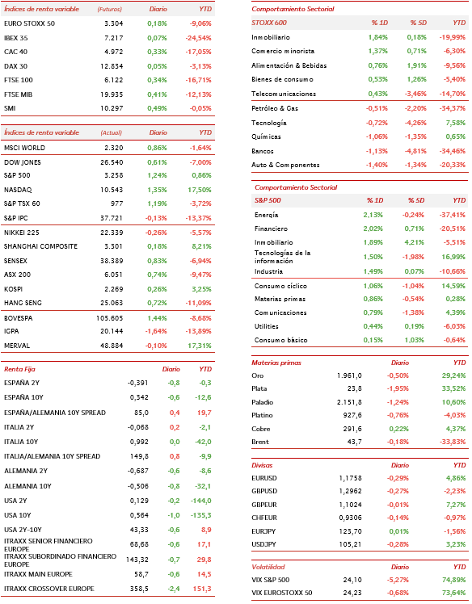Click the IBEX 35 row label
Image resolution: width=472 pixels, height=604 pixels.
[16, 38]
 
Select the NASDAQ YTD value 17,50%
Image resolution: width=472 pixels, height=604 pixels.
[200, 190]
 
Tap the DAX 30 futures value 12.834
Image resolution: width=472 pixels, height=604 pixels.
[112, 66]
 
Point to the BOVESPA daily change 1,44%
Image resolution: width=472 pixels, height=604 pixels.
[157, 318]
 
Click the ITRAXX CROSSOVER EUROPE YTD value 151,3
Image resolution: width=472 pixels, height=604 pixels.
[202, 589]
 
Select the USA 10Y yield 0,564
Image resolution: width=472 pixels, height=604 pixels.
[139, 515]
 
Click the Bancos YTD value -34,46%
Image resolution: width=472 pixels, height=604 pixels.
[453, 151]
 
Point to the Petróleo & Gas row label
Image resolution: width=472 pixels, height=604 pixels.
[275, 108]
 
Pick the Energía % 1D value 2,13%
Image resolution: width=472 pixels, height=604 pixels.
[373, 215]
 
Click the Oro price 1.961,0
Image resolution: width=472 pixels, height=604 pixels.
[349, 375]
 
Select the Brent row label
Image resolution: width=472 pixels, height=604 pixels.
[260, 442]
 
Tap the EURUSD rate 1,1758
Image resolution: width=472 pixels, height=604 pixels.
[351, 478]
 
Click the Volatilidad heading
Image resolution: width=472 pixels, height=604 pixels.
[268, 567]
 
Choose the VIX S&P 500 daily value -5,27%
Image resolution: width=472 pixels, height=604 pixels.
[398, 580]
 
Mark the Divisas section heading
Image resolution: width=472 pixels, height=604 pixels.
[262, 465]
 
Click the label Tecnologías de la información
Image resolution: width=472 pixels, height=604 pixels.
[283, 257]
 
